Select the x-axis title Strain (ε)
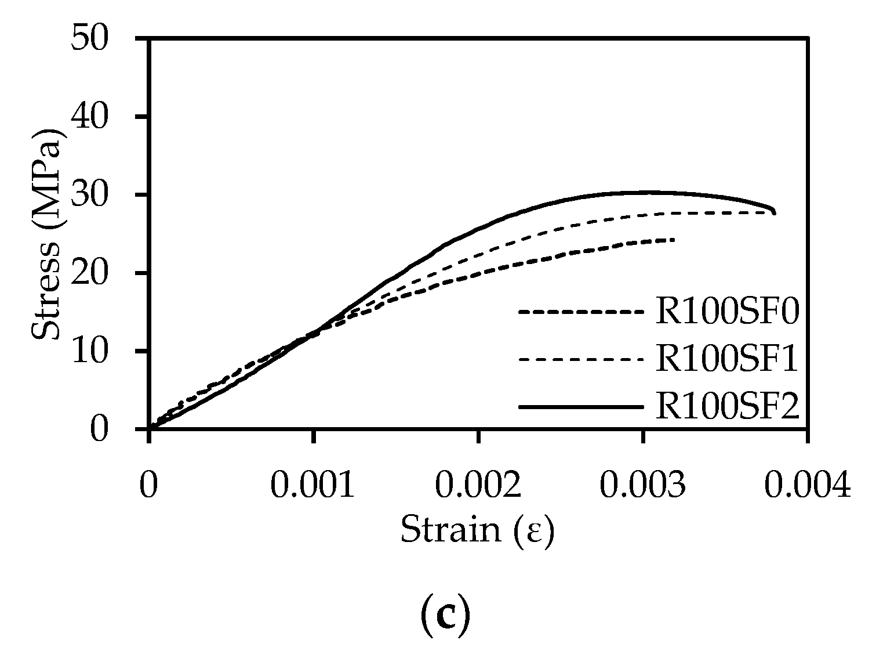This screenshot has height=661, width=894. point(477,529)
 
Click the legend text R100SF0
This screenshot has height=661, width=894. point(727,313)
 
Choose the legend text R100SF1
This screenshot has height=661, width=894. point(727,360)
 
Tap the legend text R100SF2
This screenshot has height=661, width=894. point(727,407)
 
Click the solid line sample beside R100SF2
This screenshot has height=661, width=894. point(581,407)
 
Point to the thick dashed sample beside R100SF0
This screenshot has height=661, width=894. point(581,313)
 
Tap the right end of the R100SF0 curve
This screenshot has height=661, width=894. point(674,240)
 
